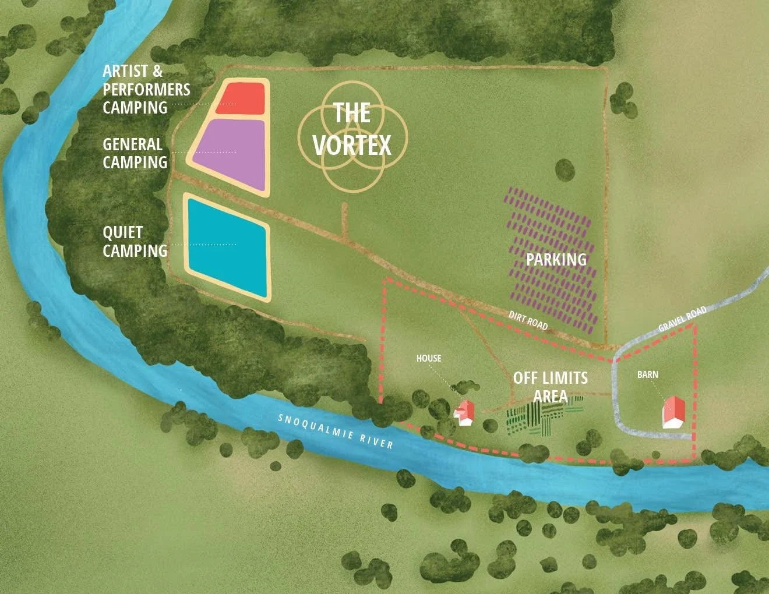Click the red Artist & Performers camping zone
pos(241,98)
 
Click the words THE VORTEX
pos(352,129)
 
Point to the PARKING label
pos(556,259)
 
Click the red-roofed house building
pos(465,412)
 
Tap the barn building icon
pos(673,413)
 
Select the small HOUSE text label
pos(428,358)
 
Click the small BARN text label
pos(647,374)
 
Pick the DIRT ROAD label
pos(528,320)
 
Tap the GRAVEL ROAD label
pos(682,319)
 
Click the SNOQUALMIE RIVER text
pos(336,431)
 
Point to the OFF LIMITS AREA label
pos(550,387)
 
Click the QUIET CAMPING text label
pos(135,242)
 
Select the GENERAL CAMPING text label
pos(135,153)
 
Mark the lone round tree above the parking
pos(565,170)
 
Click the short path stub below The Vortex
pos(344,220)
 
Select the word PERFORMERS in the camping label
pos(146,90)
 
